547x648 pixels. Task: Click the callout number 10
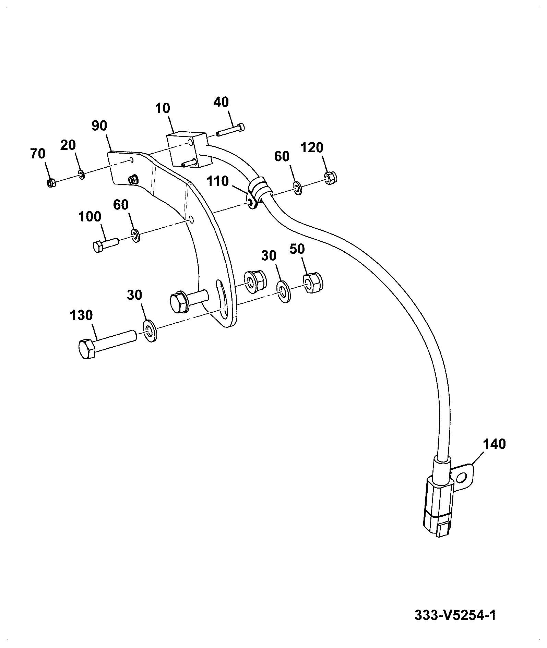(x=162, y=108)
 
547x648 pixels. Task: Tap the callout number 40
(x=221, y=102)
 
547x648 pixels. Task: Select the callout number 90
(x=99, y=126)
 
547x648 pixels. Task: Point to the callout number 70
(x=38, y=154)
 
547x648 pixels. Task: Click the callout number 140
(x=495, y=444)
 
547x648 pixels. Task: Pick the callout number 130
(x=82, y=315)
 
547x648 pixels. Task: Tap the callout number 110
(x=218, y=181)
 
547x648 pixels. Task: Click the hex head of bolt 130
(x=87, y=349)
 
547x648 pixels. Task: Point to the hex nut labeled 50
(x=313, y=283)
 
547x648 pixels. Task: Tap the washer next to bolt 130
(x=150, y=330)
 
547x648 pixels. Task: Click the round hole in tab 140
(x=462, y=478)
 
